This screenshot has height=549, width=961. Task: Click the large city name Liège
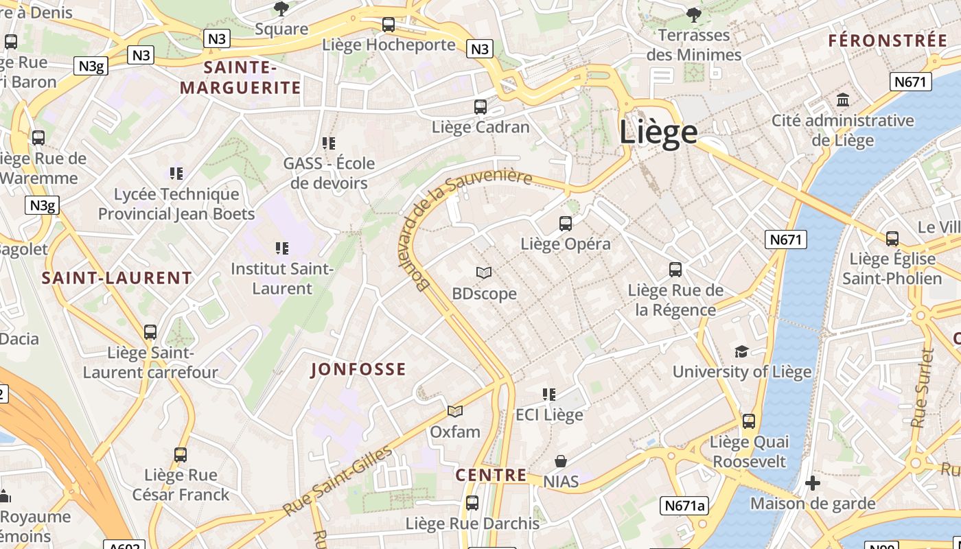point(658,132)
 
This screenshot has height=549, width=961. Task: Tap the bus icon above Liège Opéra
point(565,223)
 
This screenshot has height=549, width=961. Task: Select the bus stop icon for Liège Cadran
point(480,106)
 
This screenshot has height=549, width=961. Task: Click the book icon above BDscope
point(484,272)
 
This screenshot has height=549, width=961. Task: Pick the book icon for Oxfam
point(455,411)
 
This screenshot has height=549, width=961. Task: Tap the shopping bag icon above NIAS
point(561,460)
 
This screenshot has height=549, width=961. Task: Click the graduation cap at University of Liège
point(741,351)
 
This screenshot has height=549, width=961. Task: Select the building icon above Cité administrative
point(843,100)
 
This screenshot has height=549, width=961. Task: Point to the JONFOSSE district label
point(358,370)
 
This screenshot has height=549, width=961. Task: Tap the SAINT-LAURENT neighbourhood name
point(117,278)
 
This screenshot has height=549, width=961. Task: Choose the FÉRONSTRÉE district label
point(887,40)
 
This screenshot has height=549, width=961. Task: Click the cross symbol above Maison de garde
point(813,483)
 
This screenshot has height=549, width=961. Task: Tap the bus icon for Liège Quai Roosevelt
point(749,421)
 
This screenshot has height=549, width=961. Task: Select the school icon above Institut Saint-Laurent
point(282,248)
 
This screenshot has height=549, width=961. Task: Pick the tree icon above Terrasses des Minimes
point(694,14)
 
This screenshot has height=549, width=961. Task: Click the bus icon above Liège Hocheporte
point(389,25)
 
